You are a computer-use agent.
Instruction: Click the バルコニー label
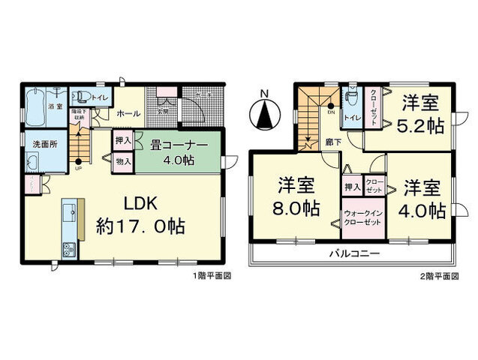[353, 253]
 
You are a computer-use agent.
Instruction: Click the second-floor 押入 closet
[350, 186]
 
